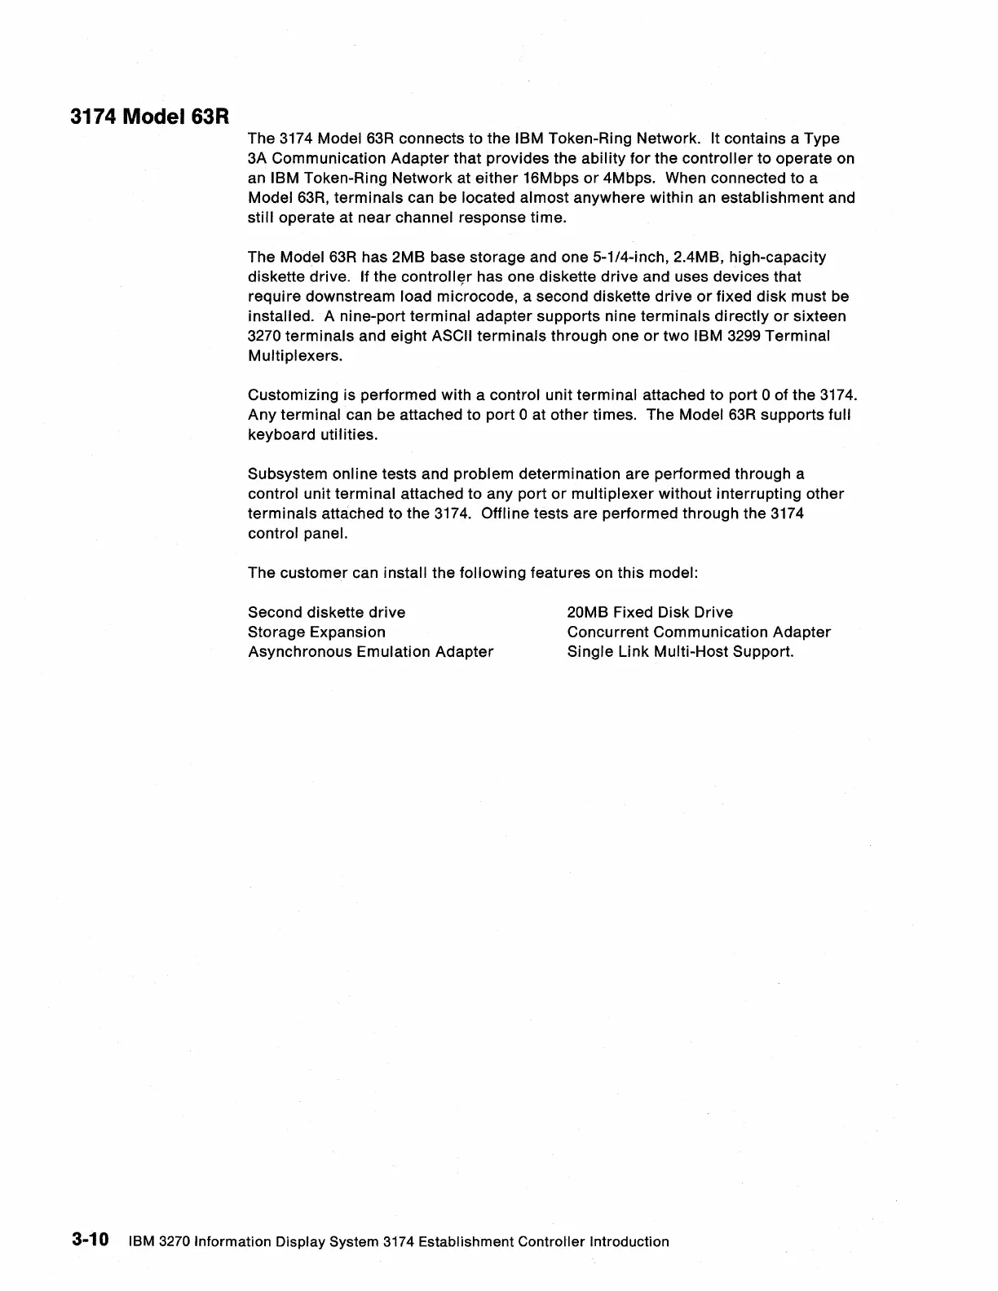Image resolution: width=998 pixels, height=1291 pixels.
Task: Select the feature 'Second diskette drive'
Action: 326,612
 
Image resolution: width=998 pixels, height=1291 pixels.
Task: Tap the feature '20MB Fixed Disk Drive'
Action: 650,612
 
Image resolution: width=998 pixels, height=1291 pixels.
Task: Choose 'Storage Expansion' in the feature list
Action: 316,632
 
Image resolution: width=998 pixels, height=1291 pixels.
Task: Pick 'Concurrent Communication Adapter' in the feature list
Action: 699,632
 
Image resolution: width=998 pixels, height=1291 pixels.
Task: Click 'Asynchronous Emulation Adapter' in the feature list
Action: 370,651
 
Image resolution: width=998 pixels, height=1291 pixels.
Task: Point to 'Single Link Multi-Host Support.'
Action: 680,651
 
